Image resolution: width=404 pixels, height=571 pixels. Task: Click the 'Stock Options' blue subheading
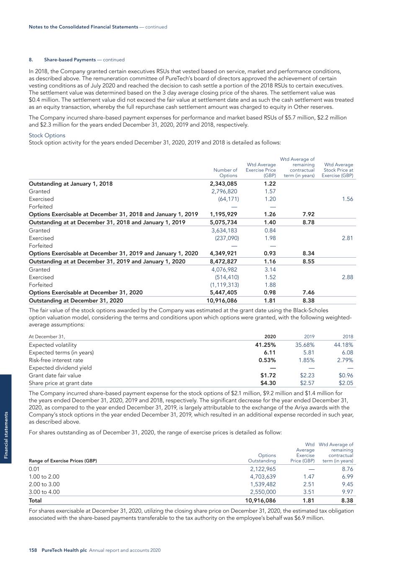[47, 135]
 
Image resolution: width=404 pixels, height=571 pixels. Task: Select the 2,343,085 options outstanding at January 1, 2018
[223, 184]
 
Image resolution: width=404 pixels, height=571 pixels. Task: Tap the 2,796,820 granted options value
[224, 191]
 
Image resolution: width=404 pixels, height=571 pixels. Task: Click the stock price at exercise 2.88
[347, 277]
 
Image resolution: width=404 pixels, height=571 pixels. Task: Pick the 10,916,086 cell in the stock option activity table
[222, 300]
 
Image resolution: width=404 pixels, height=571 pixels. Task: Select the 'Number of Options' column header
[225, 173]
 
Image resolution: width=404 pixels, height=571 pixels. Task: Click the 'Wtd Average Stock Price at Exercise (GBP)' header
[337, 170]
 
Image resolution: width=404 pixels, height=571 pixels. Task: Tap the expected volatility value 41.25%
[265, 345]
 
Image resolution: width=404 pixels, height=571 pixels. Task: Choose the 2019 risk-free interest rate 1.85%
[306, 360]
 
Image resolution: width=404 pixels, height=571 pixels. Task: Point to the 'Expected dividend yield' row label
[60, 368]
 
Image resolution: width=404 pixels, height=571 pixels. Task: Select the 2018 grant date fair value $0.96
[346, 375]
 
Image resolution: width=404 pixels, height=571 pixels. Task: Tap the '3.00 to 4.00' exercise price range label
[44, 492]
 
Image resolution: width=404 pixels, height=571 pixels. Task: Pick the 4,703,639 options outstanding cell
[263, 477]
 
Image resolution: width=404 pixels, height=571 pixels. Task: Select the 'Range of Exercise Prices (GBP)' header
[63, 461]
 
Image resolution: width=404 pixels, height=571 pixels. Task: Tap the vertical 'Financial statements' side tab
[6, 435]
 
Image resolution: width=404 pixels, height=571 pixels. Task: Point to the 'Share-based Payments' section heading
[70, 60]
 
